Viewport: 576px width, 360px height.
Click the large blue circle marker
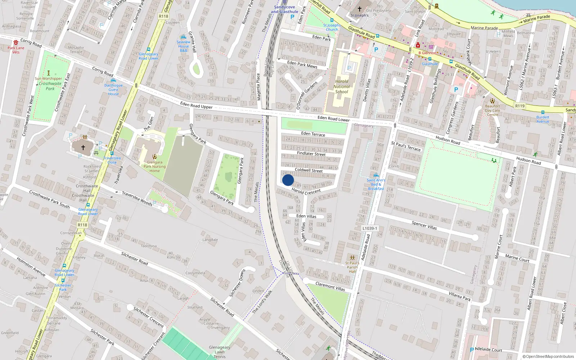tap(288, 180)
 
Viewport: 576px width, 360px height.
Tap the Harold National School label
tap(341, 86)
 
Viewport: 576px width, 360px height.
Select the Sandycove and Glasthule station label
tap(284, 9)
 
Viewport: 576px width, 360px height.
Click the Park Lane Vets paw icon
tap(16, 42)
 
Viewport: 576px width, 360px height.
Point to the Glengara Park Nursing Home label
tap(154, 166)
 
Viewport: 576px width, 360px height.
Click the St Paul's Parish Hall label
tap(352, 267)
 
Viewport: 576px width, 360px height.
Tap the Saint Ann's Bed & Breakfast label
tap(376, 184)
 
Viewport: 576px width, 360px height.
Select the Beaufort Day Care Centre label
tap(492, 110)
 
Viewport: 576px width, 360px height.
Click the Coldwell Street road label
tap(309, 170)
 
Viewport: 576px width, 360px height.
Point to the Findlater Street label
tap(311, 154)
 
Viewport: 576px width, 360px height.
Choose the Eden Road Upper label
tap(196, 105)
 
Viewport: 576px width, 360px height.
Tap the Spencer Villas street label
tap(424, 225)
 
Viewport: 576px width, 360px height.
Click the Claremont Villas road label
tap(330, 286)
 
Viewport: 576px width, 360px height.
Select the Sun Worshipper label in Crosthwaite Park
tap(48, 78)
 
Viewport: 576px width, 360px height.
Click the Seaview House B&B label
tap(183, 46)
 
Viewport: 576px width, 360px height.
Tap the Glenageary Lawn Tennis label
tap(219, 352)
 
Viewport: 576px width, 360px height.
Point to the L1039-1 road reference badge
tap(370, 228)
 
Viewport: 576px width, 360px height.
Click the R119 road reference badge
tap(519, 106)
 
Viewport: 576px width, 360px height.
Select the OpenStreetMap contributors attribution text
tap(548, 356)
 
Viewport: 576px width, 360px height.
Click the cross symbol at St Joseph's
tap(359, 9)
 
